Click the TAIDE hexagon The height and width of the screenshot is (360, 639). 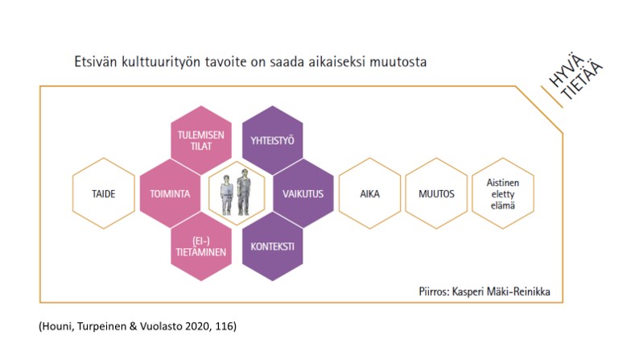click(x=104, y=193)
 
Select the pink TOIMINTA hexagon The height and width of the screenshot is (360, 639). click(x=170, y=193)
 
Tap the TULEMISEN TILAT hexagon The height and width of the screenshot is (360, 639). click(x=201, y=140)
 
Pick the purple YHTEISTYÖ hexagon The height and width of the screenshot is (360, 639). click(x=272, y=140)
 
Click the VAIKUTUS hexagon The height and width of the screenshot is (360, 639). click(x=303, y=193)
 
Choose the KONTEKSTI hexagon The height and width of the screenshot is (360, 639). click(x=272, y=246)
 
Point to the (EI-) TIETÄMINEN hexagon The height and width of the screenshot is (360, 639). click(x=201, y=246)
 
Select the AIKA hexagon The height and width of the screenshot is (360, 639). click(x=369, y=193)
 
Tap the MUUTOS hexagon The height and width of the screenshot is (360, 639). click(x=436, y=193)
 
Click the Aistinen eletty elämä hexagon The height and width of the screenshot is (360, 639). click(x=503, y=193)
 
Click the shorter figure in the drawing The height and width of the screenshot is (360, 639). click(x=227, y=195)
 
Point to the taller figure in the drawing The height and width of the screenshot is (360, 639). click(x=244, y=192)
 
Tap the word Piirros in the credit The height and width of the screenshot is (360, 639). click(x=434, y=292)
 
